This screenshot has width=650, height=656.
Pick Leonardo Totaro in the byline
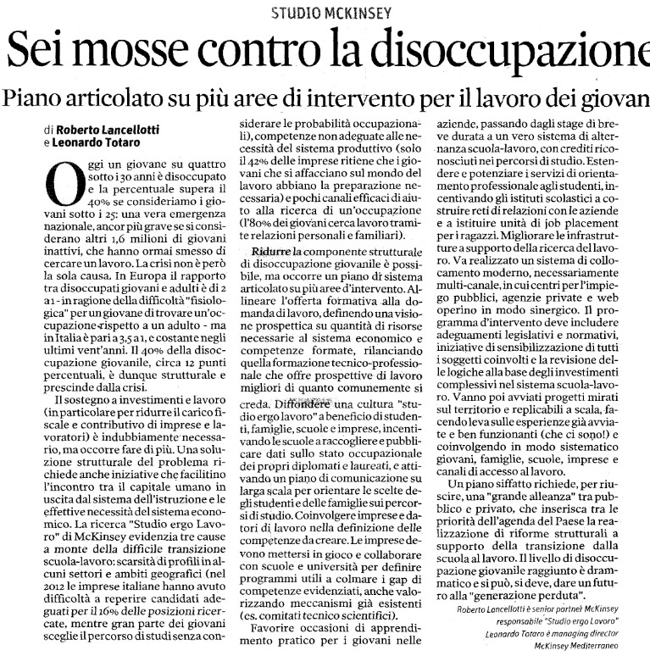[92, 143]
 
